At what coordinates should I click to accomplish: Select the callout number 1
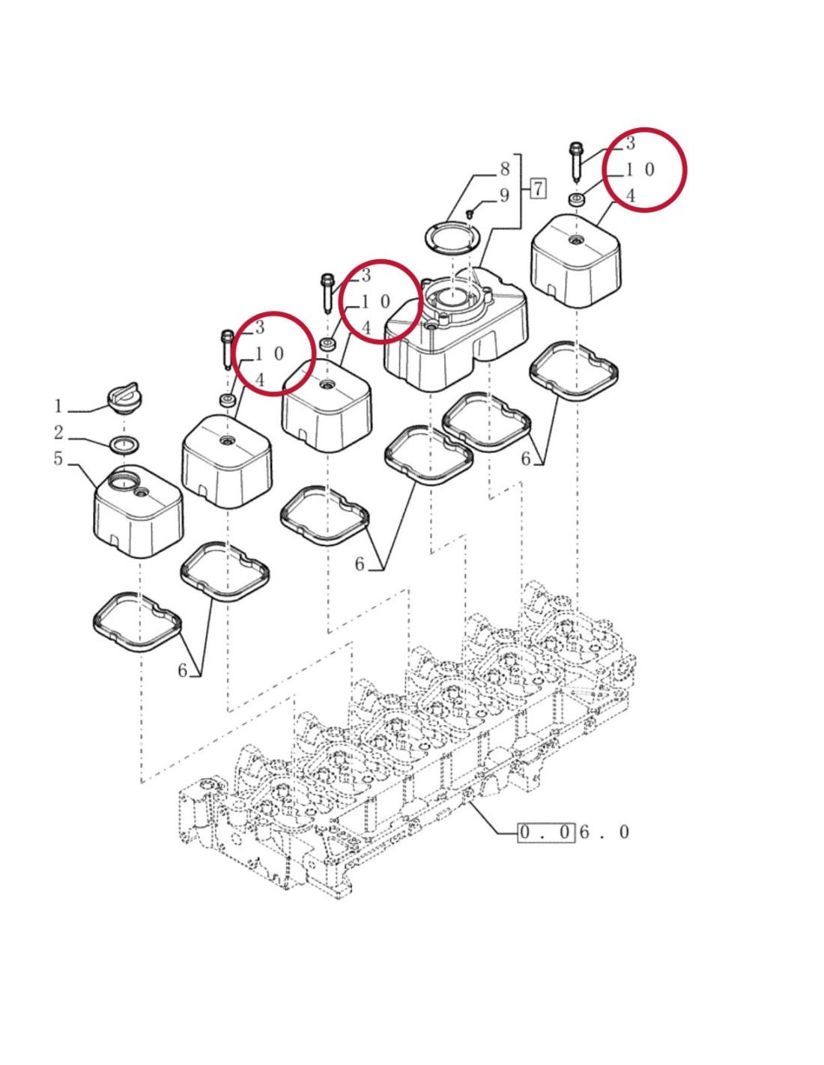[x=58, y=407]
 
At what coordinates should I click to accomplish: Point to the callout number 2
[x=58, y=433]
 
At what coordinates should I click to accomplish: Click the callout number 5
[x=58, y=459]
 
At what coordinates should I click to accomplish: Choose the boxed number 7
[x=537, y=188]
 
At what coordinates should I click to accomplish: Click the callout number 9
[x=504, y=195]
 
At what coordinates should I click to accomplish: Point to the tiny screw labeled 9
[x=469, y=215]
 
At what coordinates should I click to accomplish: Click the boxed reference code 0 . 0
[x=547, y=832]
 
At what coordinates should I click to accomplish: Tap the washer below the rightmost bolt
[x=575, y=200]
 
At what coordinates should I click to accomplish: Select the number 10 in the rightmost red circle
[x=640, y=169]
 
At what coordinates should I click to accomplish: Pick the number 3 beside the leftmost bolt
[x=259, y=327]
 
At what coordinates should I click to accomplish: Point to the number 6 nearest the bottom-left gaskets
[x=183, y=671]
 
